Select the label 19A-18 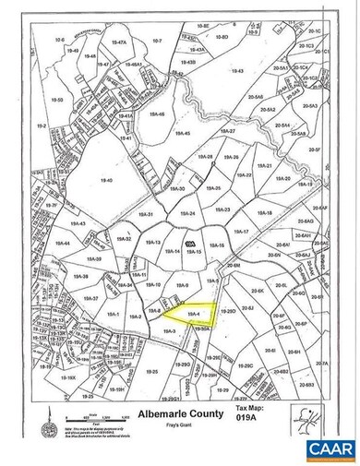point(264,213)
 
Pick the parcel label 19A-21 point(266,166)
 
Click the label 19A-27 point(228,132)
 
